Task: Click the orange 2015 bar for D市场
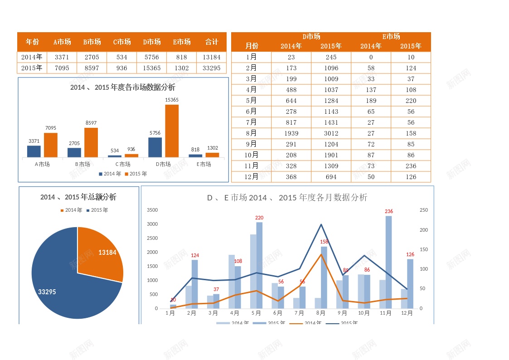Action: point(172,131)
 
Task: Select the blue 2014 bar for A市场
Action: point(34,151)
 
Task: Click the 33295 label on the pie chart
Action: point(47,292)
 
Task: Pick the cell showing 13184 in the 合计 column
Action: point(212,57)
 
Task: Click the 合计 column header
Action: point(212,42)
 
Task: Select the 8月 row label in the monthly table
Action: point(251,133)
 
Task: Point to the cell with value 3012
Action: point(331,133)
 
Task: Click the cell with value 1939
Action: point(291,133)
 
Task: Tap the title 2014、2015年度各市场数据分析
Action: point(123,88)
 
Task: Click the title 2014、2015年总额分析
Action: point(78,197)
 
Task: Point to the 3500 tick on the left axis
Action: point(152,210)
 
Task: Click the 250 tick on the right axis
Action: point(424,210)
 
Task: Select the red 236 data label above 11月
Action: point(389,212)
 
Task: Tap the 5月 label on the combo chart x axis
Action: point(256,313)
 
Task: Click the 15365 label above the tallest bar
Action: point(172,100)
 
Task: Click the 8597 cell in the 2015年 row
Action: point(92,68)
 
